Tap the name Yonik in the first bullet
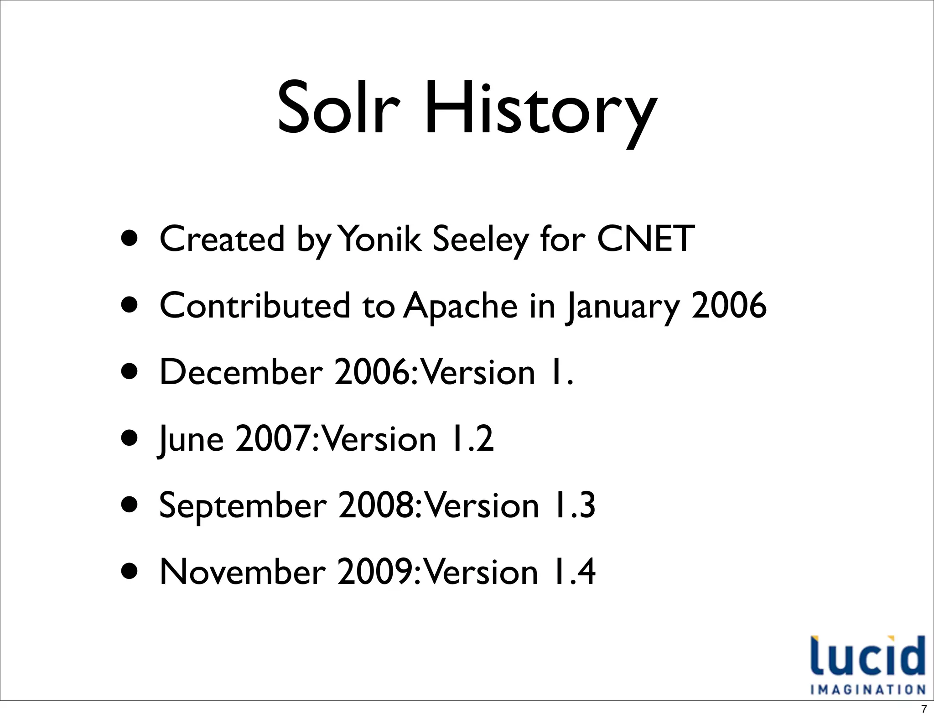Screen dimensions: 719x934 coord(381,239)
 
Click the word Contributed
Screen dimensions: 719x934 coord(255,305)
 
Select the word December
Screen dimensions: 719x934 coord(241,372)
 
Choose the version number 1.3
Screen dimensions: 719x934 coord(573,505)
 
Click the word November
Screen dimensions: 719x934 coord(243,572)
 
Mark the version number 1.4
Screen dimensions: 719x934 coord(573,572)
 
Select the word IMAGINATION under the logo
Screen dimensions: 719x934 coord(867,689)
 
